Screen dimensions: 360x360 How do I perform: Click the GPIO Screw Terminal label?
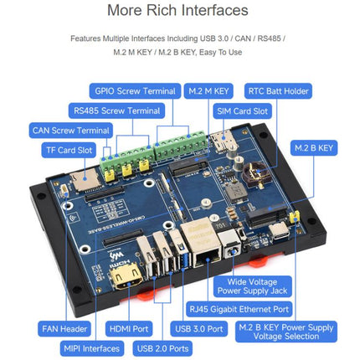pos(135,91)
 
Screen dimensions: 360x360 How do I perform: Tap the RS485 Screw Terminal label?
pos(116,111)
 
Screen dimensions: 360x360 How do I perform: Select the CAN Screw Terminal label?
pos(71,131)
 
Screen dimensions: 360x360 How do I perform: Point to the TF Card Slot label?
pos(69,150)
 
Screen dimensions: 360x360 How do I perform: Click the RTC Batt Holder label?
pos(278,91)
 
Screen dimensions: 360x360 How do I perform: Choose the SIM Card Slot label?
pos(242,111)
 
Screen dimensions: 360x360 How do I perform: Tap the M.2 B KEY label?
pos(314,148)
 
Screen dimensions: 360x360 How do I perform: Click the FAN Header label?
pos(64,329)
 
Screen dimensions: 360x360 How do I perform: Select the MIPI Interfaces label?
pos(92,348)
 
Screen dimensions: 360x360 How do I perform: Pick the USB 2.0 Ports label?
pos(162,348)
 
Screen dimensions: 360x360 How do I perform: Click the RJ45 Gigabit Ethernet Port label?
pos(239,309)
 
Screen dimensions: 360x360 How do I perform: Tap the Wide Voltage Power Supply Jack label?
pos(252,286)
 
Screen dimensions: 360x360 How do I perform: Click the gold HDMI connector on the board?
pos(126,276)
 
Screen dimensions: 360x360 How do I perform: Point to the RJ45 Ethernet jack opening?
pos(207,257)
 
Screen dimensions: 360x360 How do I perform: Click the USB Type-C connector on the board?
pos(280,231)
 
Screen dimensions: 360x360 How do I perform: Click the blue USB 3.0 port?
pos(182,253)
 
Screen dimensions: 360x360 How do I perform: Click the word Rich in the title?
pos(162,10)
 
